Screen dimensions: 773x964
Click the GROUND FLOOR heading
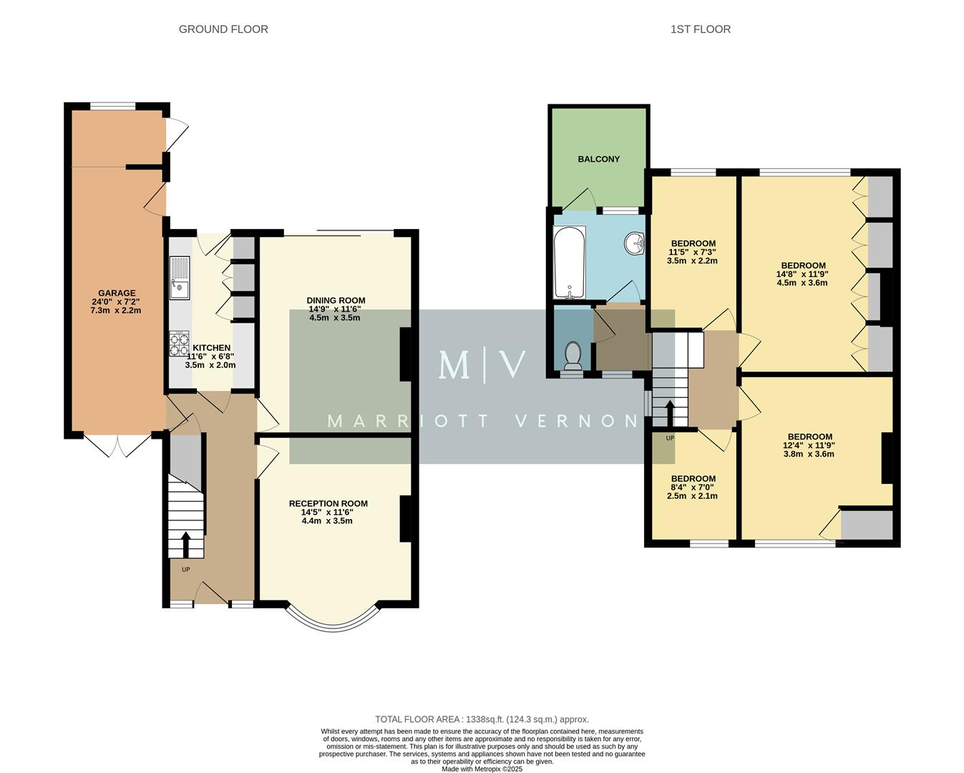(223, 29)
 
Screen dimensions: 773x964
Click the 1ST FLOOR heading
(700, 29)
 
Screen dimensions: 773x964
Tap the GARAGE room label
(117, 293)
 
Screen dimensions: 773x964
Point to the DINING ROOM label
(336, 301)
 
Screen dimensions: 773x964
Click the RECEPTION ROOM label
(328, 503)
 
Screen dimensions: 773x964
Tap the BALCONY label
(599, 159)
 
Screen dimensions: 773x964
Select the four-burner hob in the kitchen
(180, 344)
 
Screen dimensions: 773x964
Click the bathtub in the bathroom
(570, 262)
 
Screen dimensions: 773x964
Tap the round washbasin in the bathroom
(633, 243)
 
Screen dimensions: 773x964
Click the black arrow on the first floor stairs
(670, 414)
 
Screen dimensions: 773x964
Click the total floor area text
(482, 719)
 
